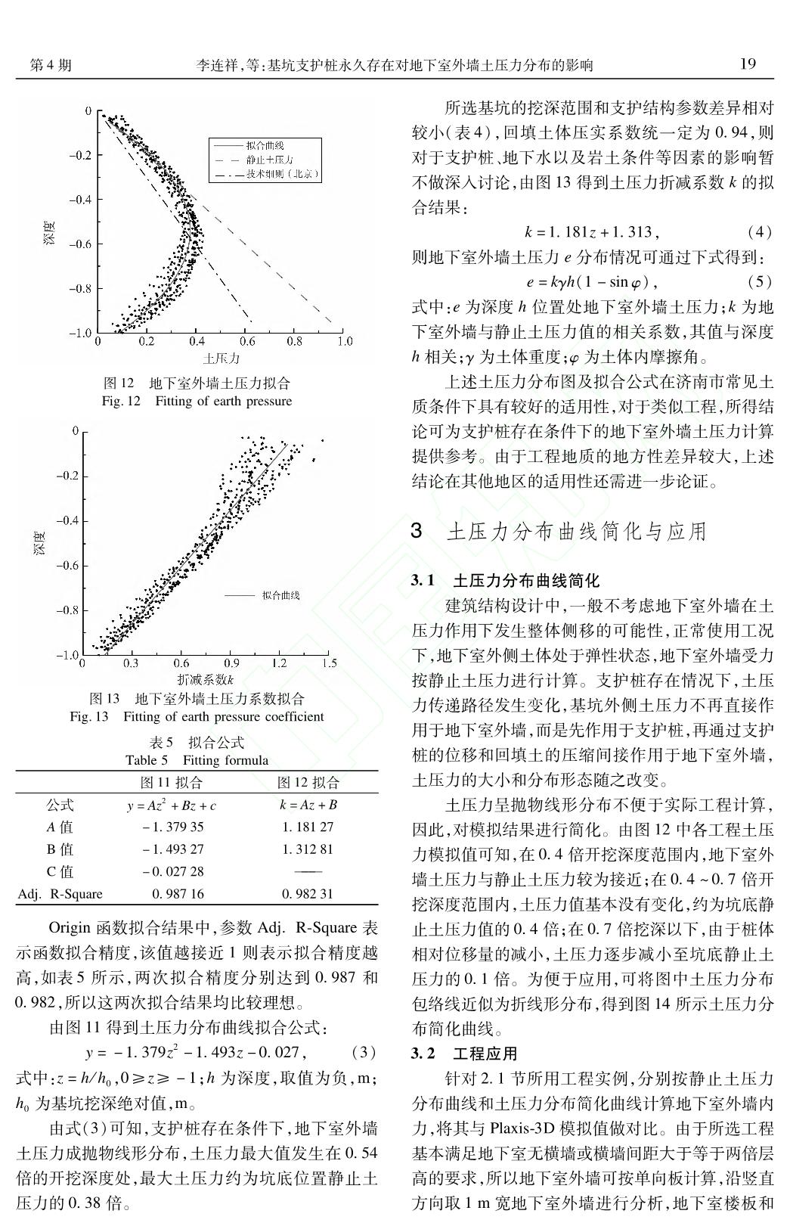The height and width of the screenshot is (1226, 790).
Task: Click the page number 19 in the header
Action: point(746,64)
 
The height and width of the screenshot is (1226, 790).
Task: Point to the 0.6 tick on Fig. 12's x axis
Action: point(246,341)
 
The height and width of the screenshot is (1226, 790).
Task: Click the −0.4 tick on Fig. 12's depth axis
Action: point(80,200)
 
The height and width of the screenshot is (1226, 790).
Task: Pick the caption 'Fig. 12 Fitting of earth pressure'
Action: point(197,401)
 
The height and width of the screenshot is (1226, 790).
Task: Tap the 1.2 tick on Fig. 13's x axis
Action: point(279,663)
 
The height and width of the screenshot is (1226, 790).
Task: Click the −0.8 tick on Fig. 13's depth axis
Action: point(67,610)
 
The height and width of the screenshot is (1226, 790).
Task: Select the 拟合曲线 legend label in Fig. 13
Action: point(280,595)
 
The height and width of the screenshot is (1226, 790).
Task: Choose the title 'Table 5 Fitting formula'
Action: point(197,760)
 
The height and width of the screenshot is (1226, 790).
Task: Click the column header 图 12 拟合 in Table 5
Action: point(308,782)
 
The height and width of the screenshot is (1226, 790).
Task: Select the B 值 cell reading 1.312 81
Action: point(308,849)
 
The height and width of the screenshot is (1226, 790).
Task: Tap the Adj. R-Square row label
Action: point(60,894)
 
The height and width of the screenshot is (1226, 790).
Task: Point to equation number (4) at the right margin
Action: point(758,231)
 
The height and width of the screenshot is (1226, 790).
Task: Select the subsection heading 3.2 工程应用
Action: point(464,1054)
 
